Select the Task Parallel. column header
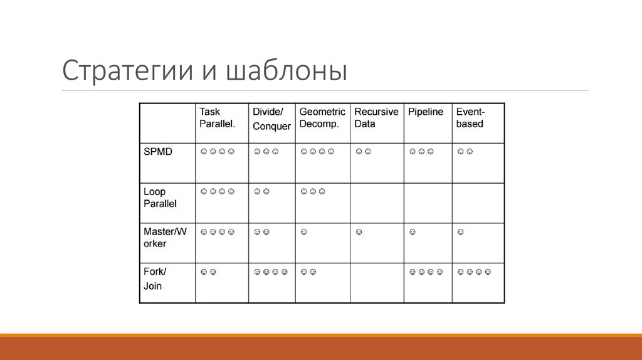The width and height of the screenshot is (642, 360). tap(217, 118)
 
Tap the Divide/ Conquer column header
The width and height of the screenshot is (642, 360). tap(271, 119)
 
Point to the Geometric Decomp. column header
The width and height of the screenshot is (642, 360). tap(322, 118)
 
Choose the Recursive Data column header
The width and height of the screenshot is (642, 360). tap(376, 118)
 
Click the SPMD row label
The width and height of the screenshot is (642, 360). tap(157, 152)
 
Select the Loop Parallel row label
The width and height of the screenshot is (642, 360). tap(160, 198)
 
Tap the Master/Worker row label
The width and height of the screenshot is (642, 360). tap(164, 238)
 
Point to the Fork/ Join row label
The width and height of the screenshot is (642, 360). tap(154, 278)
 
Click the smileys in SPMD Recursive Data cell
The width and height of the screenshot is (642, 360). tap(363, 152)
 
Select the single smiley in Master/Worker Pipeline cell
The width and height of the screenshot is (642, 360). tap(413, 232)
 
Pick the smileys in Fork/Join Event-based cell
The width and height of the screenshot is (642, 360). tap(474, 272)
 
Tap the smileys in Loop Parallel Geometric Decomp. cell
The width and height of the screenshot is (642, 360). tap(312, 191)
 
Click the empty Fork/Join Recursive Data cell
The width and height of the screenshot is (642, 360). tap(376, 283)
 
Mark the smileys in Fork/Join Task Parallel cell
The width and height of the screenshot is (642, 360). tap(208, 272)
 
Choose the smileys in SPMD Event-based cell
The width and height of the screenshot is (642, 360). tap(465, 152)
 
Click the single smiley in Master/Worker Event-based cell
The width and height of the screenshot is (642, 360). tap(460, 232)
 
